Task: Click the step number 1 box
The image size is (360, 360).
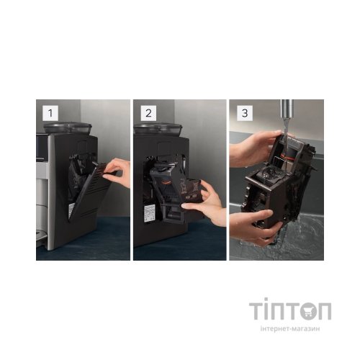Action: click(x=50, y=113)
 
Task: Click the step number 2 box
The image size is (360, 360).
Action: click(x=148, y=113)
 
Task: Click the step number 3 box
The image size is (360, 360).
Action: click(x=245, y=113)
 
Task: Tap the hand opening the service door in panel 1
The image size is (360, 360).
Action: click(x=117, y=171)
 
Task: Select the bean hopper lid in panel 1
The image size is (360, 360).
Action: click(x=68, y=127)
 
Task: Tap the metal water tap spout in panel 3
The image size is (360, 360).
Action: click(x=287, y=109)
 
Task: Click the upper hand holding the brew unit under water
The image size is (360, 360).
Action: click(x=254, y=149)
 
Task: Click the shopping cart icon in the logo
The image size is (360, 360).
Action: click(x=310, y=311)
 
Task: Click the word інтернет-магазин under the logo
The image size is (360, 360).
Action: click(x=290, y=328)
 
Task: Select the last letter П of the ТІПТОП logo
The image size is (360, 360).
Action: click(x=325, y=311)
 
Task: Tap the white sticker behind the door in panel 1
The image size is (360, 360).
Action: click(x=71, y=210)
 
